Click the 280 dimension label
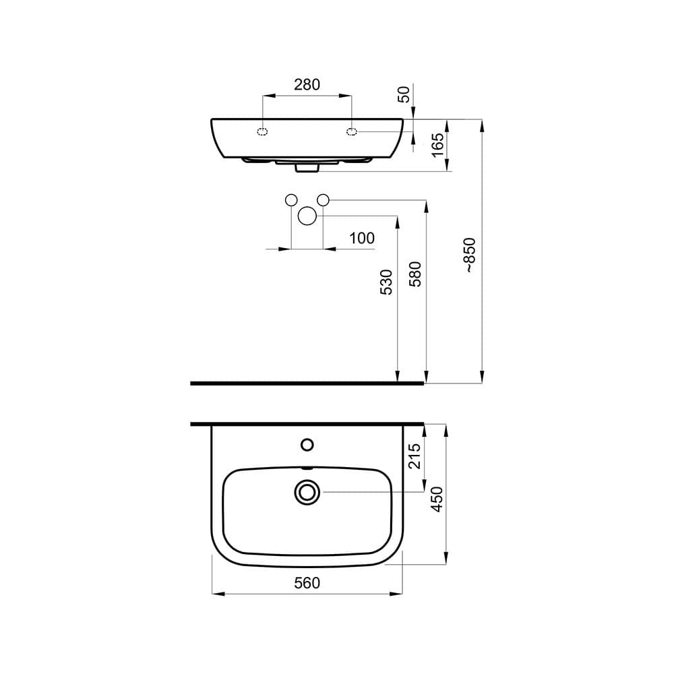(307, 85)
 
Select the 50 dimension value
(404, 94)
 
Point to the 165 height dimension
(437, 145)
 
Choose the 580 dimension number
(415, 274)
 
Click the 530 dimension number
(386, 282)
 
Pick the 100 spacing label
(361, 238)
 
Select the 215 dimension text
(414, 456)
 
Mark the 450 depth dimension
(437, 499)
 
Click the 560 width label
(307, 583)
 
